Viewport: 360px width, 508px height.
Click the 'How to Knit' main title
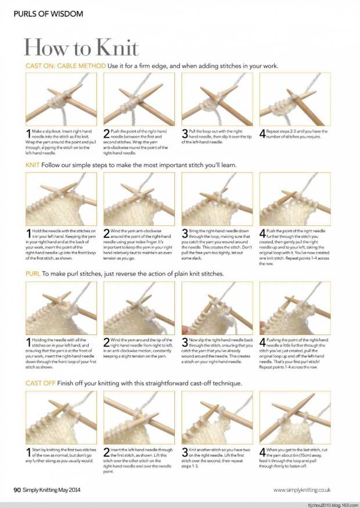click(81, 47)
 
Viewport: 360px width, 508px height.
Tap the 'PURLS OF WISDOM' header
click(48, 13)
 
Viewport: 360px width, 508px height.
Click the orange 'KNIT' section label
click(33, 165)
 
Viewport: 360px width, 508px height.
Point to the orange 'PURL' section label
click(33, 273)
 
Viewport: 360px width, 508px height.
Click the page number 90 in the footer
click(18, 489)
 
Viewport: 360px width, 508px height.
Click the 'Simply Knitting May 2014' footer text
click(57, 489)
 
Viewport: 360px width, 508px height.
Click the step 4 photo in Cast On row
click(295, 99)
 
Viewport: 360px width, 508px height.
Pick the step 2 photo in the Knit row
click(139, 199)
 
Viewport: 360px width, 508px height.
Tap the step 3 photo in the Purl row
click(217, 308)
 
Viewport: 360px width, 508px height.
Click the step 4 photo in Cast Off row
click(295, 417)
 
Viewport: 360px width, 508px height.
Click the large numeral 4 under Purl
click(263, 343)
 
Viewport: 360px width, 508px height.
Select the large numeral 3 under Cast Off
click(185, 452)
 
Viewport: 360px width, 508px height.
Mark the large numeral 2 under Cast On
click(107, 135)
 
